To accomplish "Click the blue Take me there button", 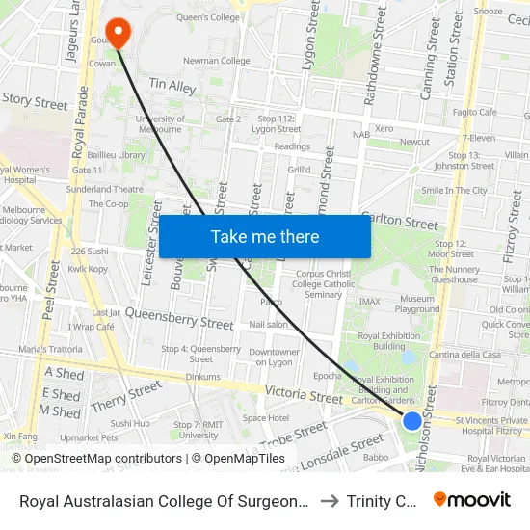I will [265, 236].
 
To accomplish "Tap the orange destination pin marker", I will [119, 31].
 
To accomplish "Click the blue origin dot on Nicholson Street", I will [411, 420].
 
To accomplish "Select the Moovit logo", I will [472, 499].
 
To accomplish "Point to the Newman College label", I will [216, 61].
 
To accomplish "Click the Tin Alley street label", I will [172, 87].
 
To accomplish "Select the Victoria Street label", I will [305, 396].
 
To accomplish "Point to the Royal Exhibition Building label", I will [382, 340].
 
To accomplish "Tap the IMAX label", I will [370, 302].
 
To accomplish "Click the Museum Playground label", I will [417, 305].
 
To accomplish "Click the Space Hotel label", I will [265, 418].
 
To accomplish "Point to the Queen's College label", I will [204, 16].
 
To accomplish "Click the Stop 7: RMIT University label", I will [199, 430].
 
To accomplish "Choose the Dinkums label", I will [202, 377].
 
